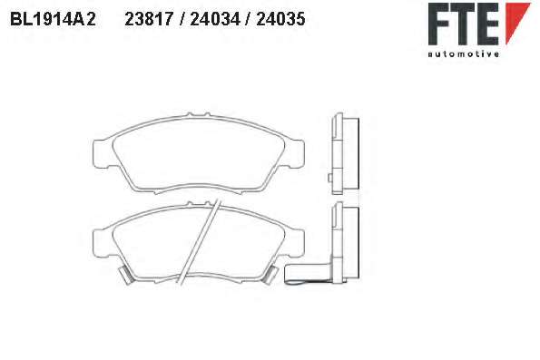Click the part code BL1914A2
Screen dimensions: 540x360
click(x=53, y=19)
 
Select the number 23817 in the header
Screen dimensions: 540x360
click(x=149, y=19)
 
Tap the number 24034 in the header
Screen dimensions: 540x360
click(x=215, y=19)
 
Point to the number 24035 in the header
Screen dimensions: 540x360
click(x=280, y=19)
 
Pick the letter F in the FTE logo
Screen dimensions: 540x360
click(x=438, y=24)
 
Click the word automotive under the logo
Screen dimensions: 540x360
click(x=463, y=54)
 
